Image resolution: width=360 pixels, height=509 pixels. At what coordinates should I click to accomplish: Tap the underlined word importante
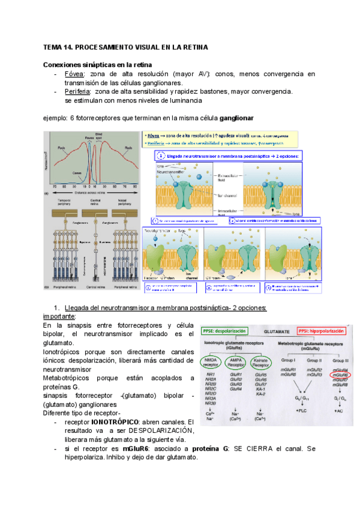(x=59, y=316)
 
